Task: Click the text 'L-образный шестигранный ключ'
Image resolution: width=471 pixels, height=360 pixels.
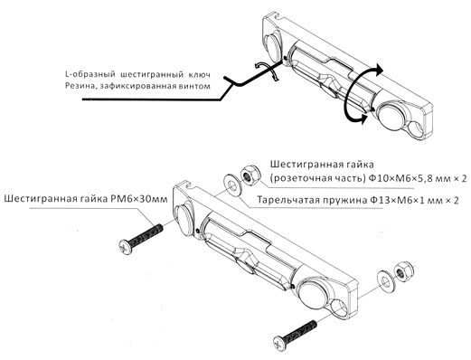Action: point(137,74)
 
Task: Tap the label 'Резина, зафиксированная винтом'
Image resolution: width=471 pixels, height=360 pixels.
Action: point(137,86)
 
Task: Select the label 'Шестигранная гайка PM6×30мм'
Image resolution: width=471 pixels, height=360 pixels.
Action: point(86,199)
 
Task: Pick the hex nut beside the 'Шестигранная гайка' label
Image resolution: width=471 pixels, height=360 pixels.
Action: point(250,175)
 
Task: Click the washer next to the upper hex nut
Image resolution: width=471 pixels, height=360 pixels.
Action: point(231,186)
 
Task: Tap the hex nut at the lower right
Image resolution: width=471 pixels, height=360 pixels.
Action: point(404,271)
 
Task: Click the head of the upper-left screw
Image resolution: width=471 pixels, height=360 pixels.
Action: point(126,247)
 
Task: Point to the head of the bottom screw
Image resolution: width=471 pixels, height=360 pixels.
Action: point(280,343)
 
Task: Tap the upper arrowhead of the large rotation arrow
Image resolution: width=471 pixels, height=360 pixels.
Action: point(379,71)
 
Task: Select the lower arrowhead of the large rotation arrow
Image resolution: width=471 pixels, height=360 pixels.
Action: point(363,119)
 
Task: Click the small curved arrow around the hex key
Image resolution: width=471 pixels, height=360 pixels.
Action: point(266,71)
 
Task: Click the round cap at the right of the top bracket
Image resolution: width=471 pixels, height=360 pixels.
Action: point(391,116)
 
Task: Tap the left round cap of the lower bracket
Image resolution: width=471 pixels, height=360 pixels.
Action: point(184,220)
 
